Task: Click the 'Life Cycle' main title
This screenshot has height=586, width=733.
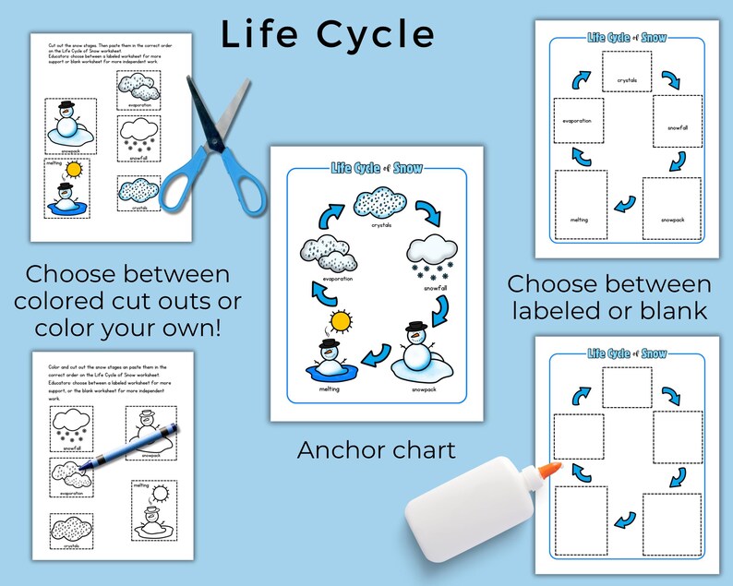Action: coord(328,34)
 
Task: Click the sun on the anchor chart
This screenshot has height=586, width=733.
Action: coord(341,321)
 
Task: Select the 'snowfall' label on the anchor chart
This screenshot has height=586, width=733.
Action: coord(432,287)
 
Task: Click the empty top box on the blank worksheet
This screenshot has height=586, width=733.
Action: coord(627,387)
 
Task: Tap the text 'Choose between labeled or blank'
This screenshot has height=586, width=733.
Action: coord(609,297)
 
